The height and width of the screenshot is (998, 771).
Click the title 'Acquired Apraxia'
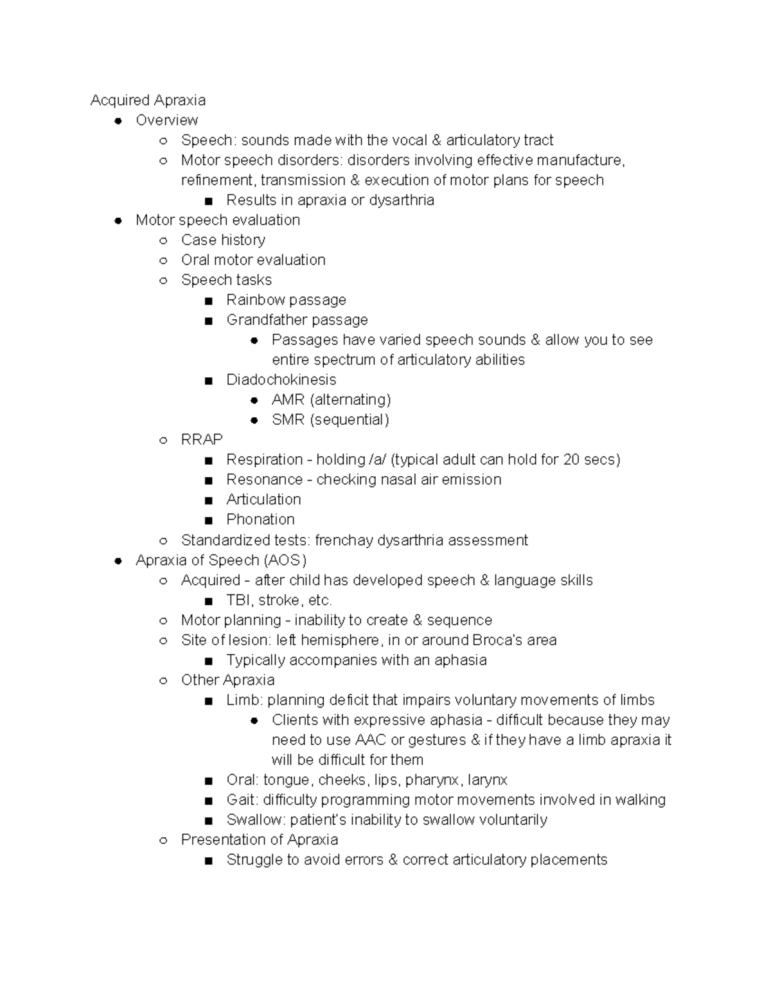coord(148,100)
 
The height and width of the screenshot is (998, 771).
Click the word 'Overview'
coord(166,120)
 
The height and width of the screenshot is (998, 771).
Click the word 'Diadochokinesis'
coord(281,380)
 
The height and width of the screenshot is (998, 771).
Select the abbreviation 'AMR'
coord(287,400)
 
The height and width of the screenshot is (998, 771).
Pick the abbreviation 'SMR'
coord(287,420)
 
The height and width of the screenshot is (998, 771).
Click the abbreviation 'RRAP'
coord(202,440)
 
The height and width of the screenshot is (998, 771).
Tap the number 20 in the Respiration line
coord(571,459)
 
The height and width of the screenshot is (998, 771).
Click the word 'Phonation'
coord(260,519)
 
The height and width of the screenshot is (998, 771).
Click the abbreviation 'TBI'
coord(238,600)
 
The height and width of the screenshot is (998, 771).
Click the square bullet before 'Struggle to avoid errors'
coord(208,860)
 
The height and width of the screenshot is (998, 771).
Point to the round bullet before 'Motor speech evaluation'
coord(118,220)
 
